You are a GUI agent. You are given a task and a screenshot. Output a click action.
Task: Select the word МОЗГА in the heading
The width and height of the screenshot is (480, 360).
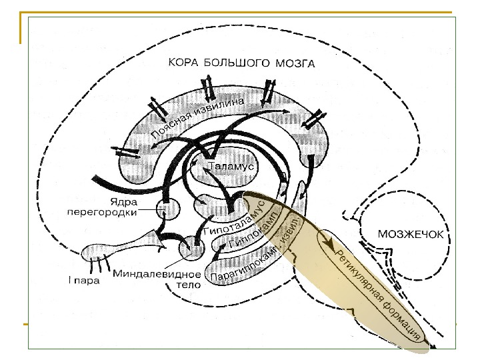click(x=293, y=65)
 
